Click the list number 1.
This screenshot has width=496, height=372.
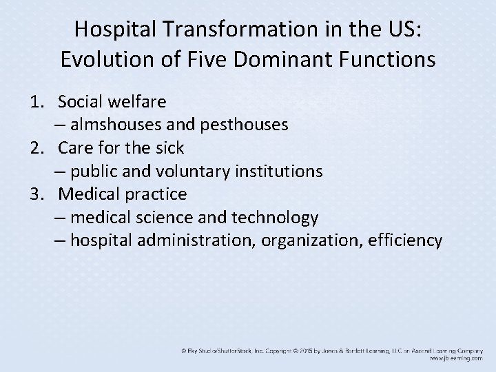[36, 102]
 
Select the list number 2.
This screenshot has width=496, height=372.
[36, 147]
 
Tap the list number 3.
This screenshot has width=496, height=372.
[36, 194]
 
